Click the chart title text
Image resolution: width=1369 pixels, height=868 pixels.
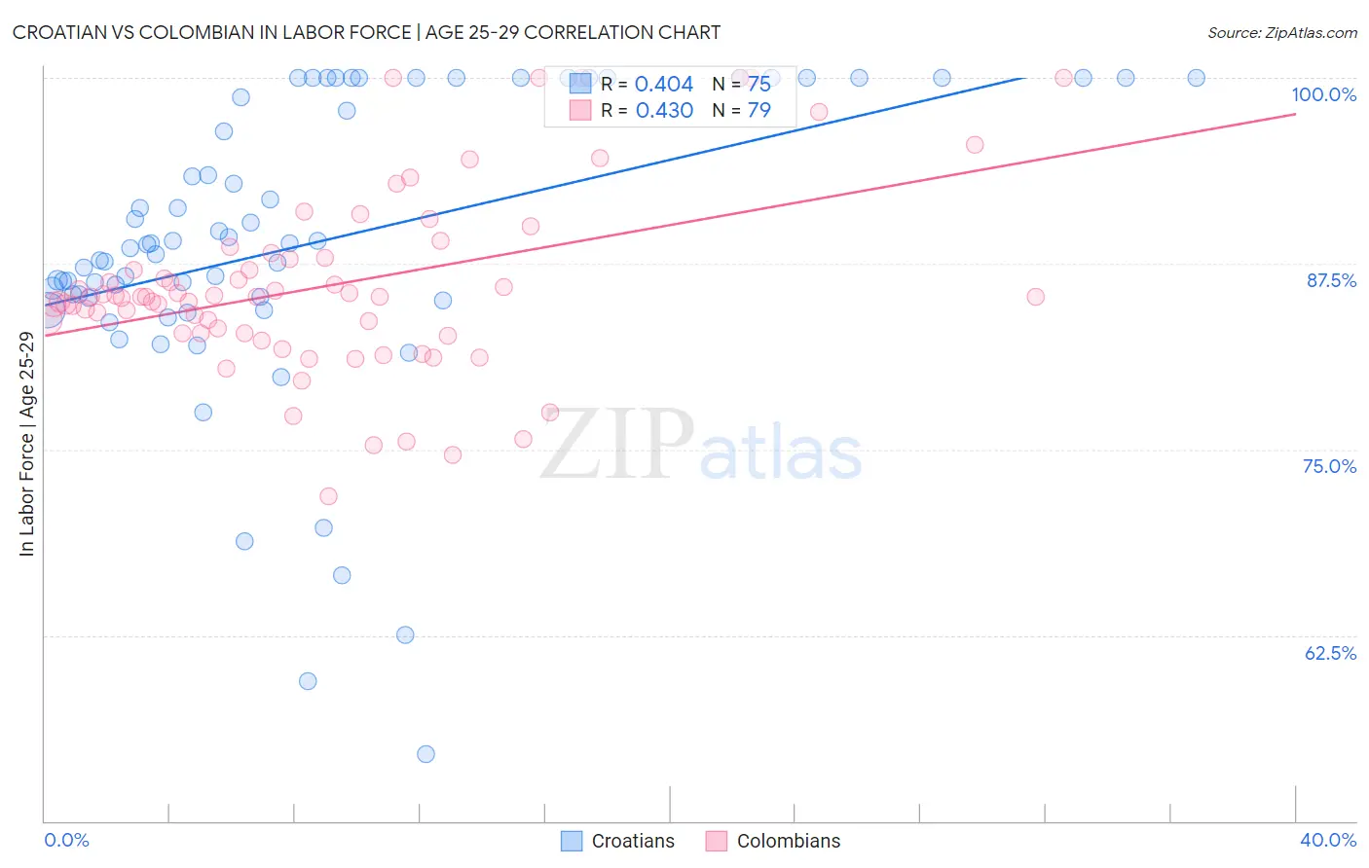pyautogui.click(x=366, y=32)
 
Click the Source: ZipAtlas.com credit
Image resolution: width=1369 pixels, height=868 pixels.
pyautogui.click(x=1281, y=32)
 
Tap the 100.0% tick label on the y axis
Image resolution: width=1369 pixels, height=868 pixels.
pyautogui.click(x=1323, y=94)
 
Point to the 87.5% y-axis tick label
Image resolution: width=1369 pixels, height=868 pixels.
pyautogui.click(x=1330, y=280)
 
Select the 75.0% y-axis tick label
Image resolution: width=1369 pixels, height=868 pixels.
pyautogui.click(x=1329, y=466)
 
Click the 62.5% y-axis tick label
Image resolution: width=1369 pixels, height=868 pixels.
pyautogui.click(x=1330, y=653)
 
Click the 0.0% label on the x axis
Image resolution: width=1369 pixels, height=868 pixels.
pyautogui.click(x=66, y=840)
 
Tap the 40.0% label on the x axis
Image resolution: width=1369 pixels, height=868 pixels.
pyautogui.click(x=1327, y=840)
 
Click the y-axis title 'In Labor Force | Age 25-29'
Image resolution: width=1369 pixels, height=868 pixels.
pyautogui.click(x=26, y=444)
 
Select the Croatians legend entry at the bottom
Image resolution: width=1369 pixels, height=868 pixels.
pyautogui.click(x=618, y=841)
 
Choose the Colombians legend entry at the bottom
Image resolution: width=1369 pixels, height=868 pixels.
pyautogui.click(x=773, y=841)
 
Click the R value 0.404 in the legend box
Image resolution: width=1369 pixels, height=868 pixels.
pyautogui.click(x=664, y=85)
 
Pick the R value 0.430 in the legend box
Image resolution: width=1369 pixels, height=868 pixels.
pyautogui.click(x=664, y=111)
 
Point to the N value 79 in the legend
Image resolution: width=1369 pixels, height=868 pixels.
pyautogui.click(x=758, y=111)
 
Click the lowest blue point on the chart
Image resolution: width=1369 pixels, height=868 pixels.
pyautogui.click(x=425, y=754)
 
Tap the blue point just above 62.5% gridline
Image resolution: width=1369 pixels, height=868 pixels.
pyautogui.click(x=405, y=635)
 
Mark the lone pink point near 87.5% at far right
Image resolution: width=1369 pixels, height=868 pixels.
pyautogui.click(x=1035, y=297)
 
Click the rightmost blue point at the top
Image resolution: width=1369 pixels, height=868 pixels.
pyautogui.click(x=1196, y=78)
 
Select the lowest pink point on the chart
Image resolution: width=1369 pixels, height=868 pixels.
pyautogui.click(x=328, y=496)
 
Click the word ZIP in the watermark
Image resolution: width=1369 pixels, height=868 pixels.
pyautogui.click(x=617, y=445)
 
